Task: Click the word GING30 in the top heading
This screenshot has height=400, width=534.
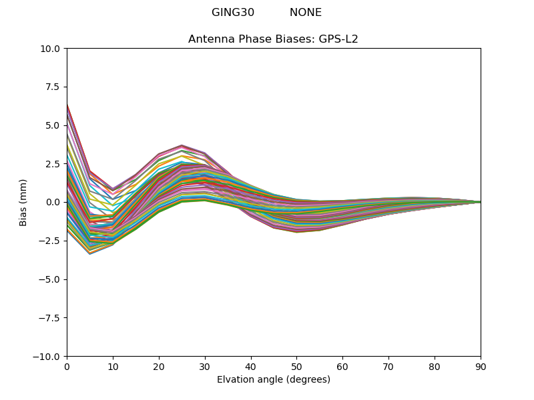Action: click(x=233, y=13)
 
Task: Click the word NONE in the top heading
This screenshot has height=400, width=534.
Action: click(x=306, y=13)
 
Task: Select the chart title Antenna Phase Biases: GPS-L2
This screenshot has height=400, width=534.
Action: click(x=273, y=39)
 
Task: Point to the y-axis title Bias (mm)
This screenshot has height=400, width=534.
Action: click(x=23, y=202)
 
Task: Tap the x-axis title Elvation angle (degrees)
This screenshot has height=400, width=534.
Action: click(x=274, y=380)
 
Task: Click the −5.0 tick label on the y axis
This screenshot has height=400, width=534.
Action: click(x=51, y=279)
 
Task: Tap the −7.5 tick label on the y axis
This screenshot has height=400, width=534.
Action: click(x=51, y=318)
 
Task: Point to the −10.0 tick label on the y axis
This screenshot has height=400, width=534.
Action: click(x=48, y=357)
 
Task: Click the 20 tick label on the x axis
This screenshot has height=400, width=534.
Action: click(x=159, y=366)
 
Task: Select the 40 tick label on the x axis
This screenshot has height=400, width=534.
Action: click(x=251, y=366)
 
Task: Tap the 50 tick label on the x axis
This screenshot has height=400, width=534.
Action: click(x=296, y=366)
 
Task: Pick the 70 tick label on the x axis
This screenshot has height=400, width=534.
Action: click(x=388, y=366)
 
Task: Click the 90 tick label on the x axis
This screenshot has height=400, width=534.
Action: click(x=481, y=366)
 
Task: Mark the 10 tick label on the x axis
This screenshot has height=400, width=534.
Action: click(x=113, y=366)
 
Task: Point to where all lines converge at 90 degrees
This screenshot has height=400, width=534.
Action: click(x=480, y=202)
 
